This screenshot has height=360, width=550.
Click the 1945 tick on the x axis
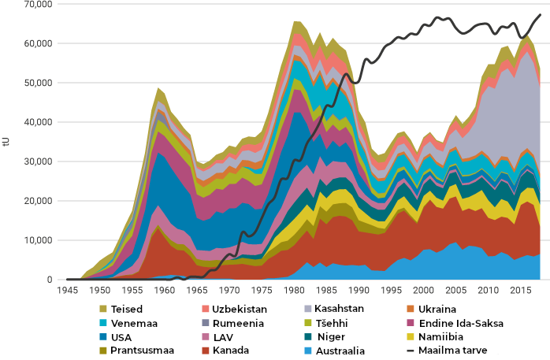pos(67,290)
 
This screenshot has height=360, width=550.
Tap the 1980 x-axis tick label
pos(294,290)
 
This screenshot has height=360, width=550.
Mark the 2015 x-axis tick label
pos(521,290)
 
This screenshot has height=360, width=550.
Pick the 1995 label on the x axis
pos(391,290)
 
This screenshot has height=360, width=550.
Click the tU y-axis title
pos(6,142)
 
